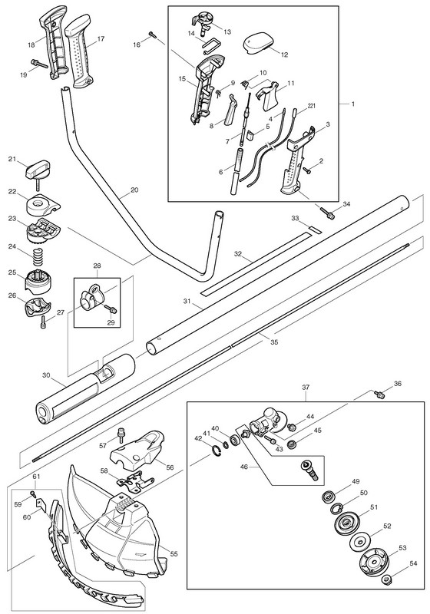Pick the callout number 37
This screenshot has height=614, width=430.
pos(306,388)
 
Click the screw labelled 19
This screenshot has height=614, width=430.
pos(38,64)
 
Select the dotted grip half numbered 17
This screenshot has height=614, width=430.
pos(81,49)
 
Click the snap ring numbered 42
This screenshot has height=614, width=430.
pos(217,451)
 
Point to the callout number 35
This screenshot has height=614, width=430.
pos(274,342)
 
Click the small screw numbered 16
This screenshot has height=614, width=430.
pos(152,35)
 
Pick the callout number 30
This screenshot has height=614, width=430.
pos(46,375)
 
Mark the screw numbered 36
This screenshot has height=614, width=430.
pos(379,394)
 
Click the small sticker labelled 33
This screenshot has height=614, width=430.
pos(314,229)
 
